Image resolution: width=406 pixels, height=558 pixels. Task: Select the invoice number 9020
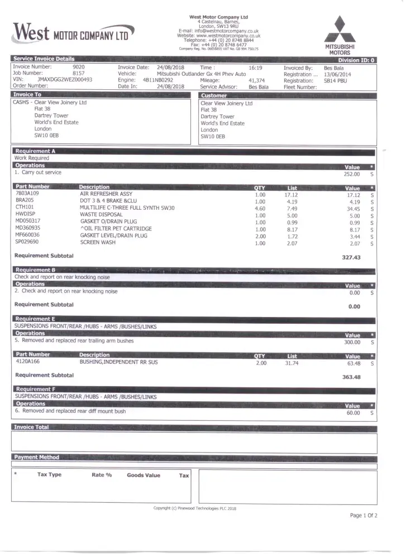[78, 67]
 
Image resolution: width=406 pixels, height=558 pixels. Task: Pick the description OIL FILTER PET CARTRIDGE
[116, 229]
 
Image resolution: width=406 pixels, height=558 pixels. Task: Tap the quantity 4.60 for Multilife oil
[260, 208]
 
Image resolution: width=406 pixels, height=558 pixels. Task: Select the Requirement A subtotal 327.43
[351, 258]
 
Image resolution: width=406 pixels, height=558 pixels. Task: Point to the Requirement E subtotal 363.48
[351, 377]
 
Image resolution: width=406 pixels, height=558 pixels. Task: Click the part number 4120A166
[28, 362]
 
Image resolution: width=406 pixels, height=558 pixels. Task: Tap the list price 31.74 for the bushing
[292, 363]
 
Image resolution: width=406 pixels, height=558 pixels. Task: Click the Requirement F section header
[35, 389]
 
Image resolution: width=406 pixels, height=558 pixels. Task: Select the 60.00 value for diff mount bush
[353, 413]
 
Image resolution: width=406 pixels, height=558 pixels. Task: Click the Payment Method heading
[36, 457]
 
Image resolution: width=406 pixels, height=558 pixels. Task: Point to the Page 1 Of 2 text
[364, 515]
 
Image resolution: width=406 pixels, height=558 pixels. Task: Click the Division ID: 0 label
[356, 60]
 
